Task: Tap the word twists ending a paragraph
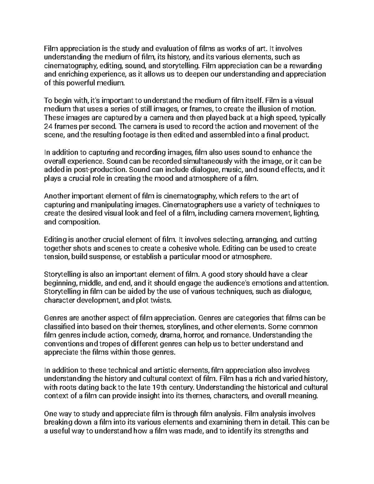click(x=160, y=301)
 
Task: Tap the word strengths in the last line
click(x=280, y=431)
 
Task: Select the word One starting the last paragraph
click(x=51, y=414)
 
